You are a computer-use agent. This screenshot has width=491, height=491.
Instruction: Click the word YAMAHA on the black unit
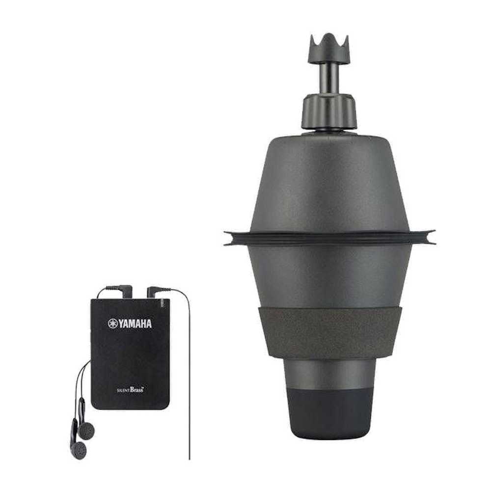click(135, 324)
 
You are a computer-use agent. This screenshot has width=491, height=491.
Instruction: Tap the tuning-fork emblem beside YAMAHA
click(113, 324)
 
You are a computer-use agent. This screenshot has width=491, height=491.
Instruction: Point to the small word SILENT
click(123, 391)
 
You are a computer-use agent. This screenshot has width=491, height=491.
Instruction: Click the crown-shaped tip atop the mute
click(329, 49)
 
